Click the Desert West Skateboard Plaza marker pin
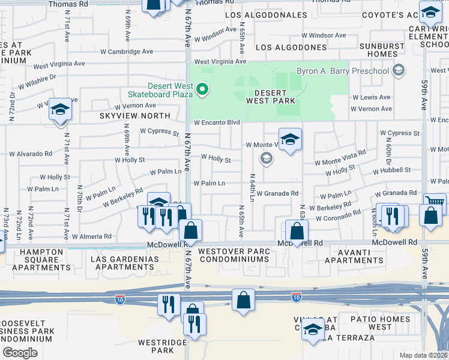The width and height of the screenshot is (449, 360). click(x=203, y=91)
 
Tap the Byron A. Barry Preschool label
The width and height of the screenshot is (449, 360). click(x=347, y=71)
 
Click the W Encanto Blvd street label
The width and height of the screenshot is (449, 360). click(x=217, y=122)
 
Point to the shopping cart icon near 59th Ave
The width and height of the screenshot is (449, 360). click(x=435, y=202)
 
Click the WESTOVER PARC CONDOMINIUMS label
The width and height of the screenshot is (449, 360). click(x=234, y=255)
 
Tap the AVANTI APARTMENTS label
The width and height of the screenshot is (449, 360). click(x=354, y=256)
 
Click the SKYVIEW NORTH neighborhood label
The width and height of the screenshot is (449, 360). click(x=136, y=115)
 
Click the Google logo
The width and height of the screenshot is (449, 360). click(x=20, y=353)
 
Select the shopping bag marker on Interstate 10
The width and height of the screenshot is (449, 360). click(x=243, y=300)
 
